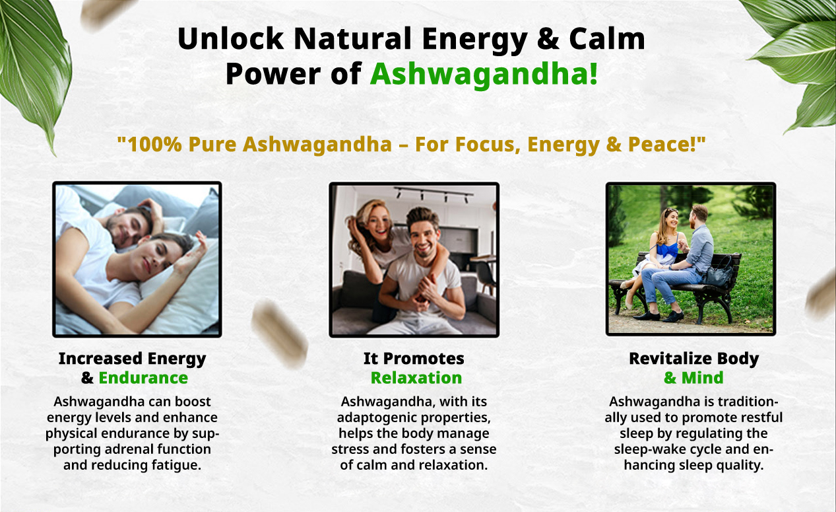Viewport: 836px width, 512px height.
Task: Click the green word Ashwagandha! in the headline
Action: [x=484, y=75]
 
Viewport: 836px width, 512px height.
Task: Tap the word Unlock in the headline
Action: [x=230, y=39]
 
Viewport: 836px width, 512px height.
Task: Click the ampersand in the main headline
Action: [x=548, y=39]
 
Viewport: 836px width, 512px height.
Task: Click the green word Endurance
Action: [x=143, y=378]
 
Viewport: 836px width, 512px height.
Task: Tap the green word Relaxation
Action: [x=416, y=378]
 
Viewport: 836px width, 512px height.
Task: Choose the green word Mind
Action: [x=703, y=378]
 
